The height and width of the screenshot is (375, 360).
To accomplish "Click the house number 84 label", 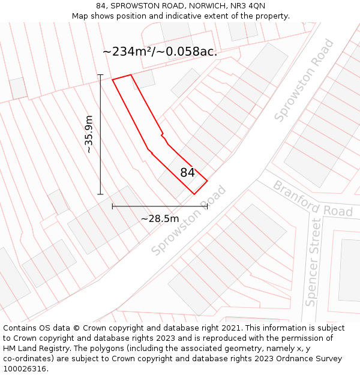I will (x=187, y=173).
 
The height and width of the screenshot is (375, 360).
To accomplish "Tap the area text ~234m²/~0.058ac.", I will (x=160, y=52).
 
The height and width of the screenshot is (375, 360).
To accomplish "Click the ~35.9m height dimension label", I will (x=89, y=134).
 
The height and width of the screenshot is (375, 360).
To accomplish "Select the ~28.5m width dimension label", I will (x=160, y=218).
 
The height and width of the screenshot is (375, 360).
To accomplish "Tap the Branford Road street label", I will (x=313, y=199).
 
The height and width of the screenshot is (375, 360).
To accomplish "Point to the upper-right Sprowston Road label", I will (x=304, y=80).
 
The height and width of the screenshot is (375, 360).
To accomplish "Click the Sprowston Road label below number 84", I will (x=188, y=221).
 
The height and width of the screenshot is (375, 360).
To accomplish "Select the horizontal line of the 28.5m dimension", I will (x=138, y=206).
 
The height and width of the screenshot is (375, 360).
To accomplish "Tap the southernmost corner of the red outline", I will (x=194, y=194).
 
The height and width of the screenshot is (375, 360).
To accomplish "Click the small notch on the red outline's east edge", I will (x=163, y=136).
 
